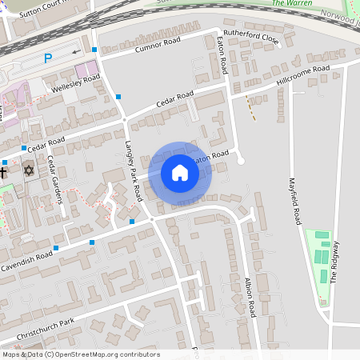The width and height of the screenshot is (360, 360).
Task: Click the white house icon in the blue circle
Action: pos(180,172)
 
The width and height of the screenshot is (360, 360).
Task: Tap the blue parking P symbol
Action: pos(48,58)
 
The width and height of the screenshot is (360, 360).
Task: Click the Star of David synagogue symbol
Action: pos(29,170)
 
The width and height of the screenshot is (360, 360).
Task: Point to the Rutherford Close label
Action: pos(252,38)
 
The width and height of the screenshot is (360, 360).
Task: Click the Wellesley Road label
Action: pos(76,82)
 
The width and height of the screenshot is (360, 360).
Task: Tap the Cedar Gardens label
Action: pos(54,179)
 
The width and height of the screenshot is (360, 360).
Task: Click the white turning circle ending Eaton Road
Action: pos(240,161)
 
